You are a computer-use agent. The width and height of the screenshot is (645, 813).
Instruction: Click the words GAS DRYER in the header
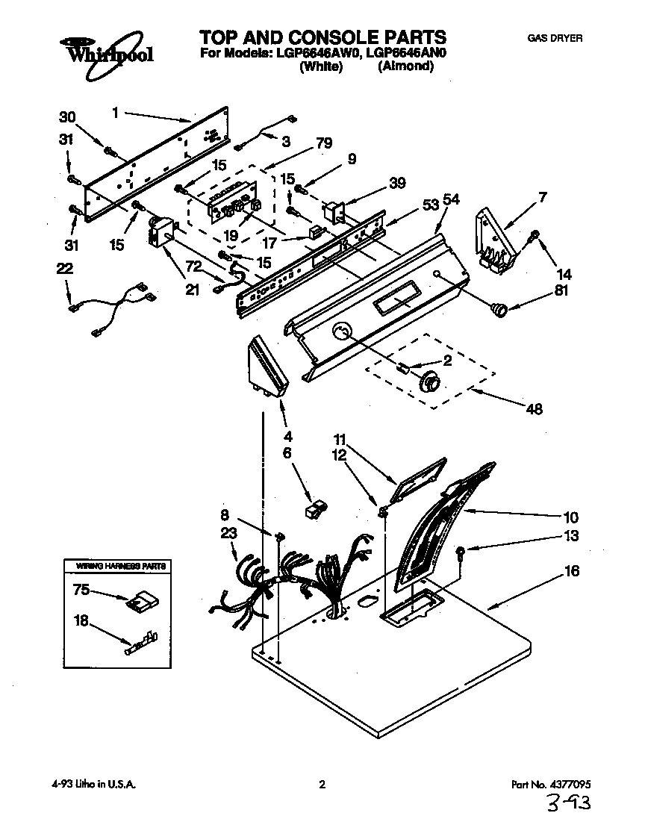(554, 38)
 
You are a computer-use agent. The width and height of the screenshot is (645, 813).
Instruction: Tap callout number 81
(561, 291)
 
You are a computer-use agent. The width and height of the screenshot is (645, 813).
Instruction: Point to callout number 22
(66, 269)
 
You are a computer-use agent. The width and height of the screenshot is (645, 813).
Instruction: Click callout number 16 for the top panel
(571, 571)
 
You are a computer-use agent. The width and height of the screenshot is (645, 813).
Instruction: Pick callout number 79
(323, 144)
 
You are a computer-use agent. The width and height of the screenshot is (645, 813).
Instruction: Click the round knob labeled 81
(498, 305)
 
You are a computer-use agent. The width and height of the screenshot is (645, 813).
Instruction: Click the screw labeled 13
(461, 553)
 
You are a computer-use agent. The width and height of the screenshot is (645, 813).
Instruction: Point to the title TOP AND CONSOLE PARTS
(322, 37)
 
